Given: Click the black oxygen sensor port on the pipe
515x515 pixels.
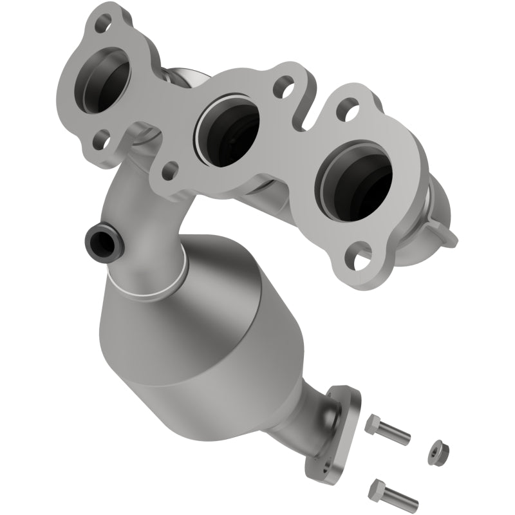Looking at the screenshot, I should (x=99, y=241).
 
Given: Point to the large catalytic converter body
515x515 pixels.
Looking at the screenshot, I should (x=193, y=328).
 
